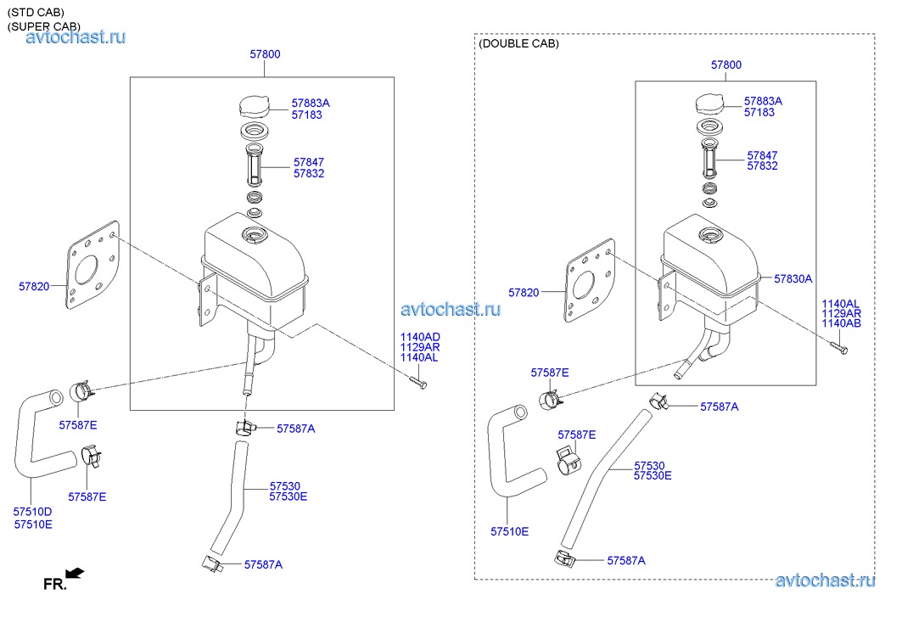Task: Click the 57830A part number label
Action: pyautogui.click(x=793, y=278)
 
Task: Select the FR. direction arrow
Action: pyautogui.click(x=75, y=573)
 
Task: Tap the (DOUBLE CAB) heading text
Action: pyautogui.click(x=518, y=44)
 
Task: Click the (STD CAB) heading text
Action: pyautogui.click(x=36, y=12)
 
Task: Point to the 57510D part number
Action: pyautogui.click(x=33, y=512)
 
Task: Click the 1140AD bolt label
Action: pyautogui.click(x=420, y=337)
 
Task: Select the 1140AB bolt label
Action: pyautogui.click(x=841, y=323)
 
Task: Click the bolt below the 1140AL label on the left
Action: pyautogui.click(x=418, y=382)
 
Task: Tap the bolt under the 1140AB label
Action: pyautogui.click(x=839, y=347)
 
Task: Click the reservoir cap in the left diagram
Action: pyautogui.click(x=255, y=106)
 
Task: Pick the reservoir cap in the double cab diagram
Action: pyautogui.click(x=712, y=104)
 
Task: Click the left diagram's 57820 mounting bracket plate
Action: pyautogui.click(x=92, y=266)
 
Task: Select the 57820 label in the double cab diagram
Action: pyautogui.click(x=524, y=293)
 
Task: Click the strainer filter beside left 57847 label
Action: pyautogui.click(x=254, y=164)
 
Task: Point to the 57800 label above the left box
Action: pyautogui.click(x=266, y=54)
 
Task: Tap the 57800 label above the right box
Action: pyautogui.click(x=726, y=65)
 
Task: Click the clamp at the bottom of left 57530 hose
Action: pyautogui.click(x=211, y=563)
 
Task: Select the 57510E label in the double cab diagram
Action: pyautogui.click(x=509, y=532)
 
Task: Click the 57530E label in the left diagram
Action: pyautogui.click(x=289, y=496)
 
